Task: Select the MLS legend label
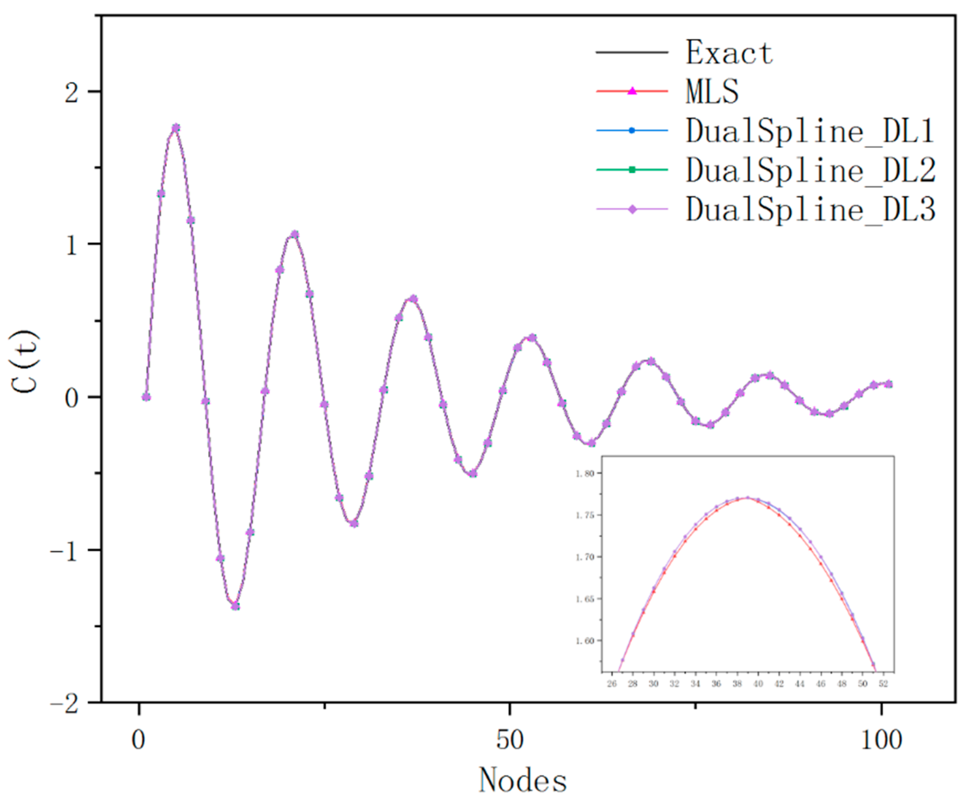pos(712,91)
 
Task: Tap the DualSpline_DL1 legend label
pos(811,131)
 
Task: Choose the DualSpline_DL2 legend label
pos(811,170)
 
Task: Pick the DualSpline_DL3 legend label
pos(811,209)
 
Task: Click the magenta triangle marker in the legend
pos(632,91)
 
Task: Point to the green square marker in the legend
pos(632,170)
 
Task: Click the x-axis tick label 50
pos(510,740)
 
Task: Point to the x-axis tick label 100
pos(881,740)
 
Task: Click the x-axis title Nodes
pos(523,780)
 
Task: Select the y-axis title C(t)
pos(26,361)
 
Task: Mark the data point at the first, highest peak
pos(176,128)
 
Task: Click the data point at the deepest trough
pos(235,606)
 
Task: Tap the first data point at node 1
pos(146,397)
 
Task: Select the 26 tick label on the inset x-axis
pos(612,684)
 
